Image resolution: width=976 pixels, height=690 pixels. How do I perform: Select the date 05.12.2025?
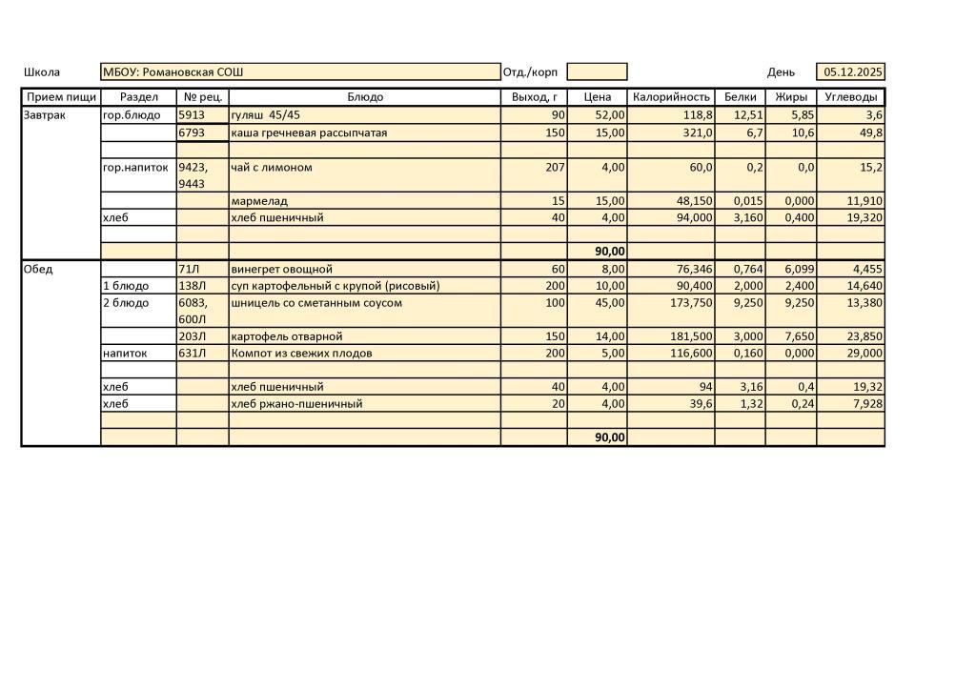coord(853,72)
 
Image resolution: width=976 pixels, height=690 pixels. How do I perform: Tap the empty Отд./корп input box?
coord(597,72)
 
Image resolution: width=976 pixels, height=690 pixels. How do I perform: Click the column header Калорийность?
coord(671,97)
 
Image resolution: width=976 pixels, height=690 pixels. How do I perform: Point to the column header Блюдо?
coord(365,97)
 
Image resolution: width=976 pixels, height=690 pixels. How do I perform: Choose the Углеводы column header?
coord(850,97)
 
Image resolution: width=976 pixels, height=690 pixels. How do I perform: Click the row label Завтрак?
coord(45,115)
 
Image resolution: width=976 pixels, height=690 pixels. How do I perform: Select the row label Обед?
coord(39,270)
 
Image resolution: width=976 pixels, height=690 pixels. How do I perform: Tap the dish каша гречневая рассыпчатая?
coord(309,132)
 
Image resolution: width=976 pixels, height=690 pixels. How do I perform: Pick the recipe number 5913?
coord(192,115)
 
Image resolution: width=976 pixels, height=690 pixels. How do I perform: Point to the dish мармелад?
coord(259,201)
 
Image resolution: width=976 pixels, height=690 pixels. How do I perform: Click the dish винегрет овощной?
coord(281,270)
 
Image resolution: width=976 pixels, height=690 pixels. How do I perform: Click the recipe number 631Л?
coord(192,354)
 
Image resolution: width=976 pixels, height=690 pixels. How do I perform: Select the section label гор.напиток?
coord(135,168)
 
